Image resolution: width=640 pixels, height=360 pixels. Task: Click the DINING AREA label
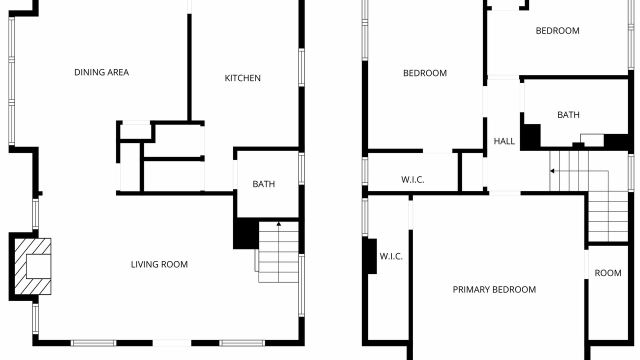(x=101, y=72)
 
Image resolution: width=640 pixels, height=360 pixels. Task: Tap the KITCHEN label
(x=242, y=78)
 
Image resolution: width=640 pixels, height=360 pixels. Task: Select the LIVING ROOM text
(x=159, y=264)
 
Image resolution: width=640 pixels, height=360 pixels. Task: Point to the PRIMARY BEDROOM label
(x=494, y=289)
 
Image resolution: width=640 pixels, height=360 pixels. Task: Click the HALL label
(x=504, y=141)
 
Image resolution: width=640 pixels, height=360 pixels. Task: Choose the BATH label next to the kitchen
(x=263, y=184)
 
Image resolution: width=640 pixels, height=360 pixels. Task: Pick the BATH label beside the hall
(x=568, y=115)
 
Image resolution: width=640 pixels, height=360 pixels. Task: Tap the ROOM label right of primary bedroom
(x=608, y=273)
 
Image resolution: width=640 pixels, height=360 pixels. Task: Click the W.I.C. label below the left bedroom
(x=412, y=179)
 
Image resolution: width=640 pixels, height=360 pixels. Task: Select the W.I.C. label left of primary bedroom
(x=391, y=256)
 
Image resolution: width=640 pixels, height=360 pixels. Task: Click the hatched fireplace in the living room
(x=33, y=266)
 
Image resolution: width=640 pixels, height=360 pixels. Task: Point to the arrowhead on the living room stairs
(x=278, y=223)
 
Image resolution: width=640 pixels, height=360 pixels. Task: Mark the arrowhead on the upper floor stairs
(x=552, y=171)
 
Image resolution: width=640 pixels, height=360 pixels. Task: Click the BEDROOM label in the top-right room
(x=557, y=30)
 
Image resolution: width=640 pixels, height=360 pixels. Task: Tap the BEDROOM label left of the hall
(x=425, y=73)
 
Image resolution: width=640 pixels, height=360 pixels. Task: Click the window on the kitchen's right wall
(x=301, y=67)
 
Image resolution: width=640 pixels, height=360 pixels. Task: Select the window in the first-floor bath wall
(x=301, y=168)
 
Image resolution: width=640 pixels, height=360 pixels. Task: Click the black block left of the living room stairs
(x=246, y=233)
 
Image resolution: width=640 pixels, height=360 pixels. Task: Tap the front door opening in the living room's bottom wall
(x=171, y=343)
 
